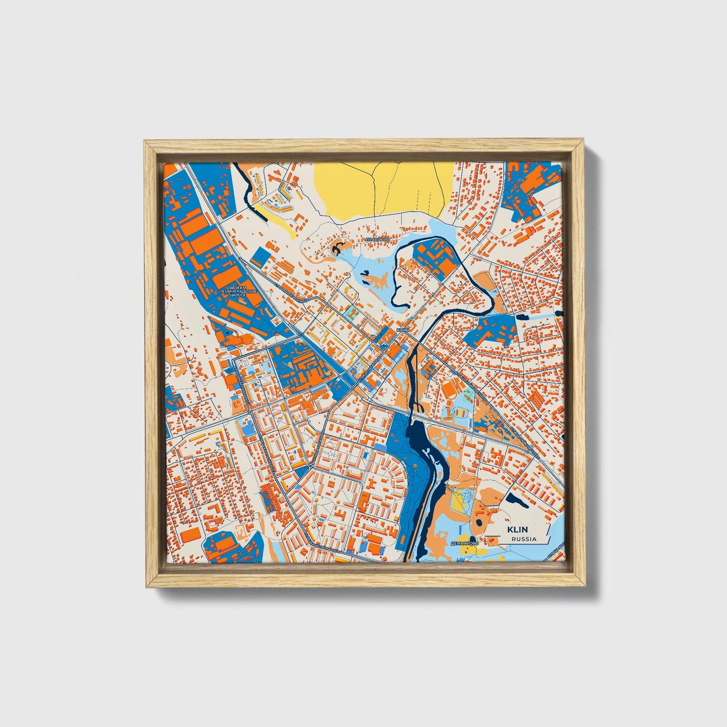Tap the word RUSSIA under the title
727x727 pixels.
point(524,539)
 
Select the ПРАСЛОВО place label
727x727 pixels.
point(377,240)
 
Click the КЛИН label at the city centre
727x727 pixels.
point(402,330)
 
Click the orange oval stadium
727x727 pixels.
point(448,387)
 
